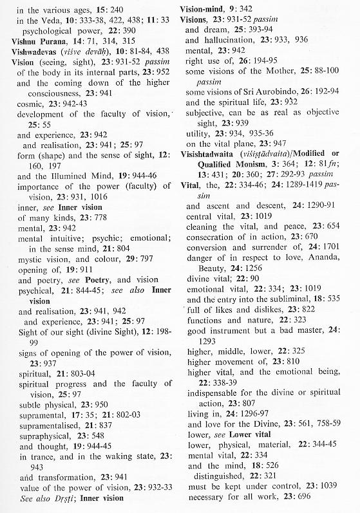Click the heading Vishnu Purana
tap(41, 40)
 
